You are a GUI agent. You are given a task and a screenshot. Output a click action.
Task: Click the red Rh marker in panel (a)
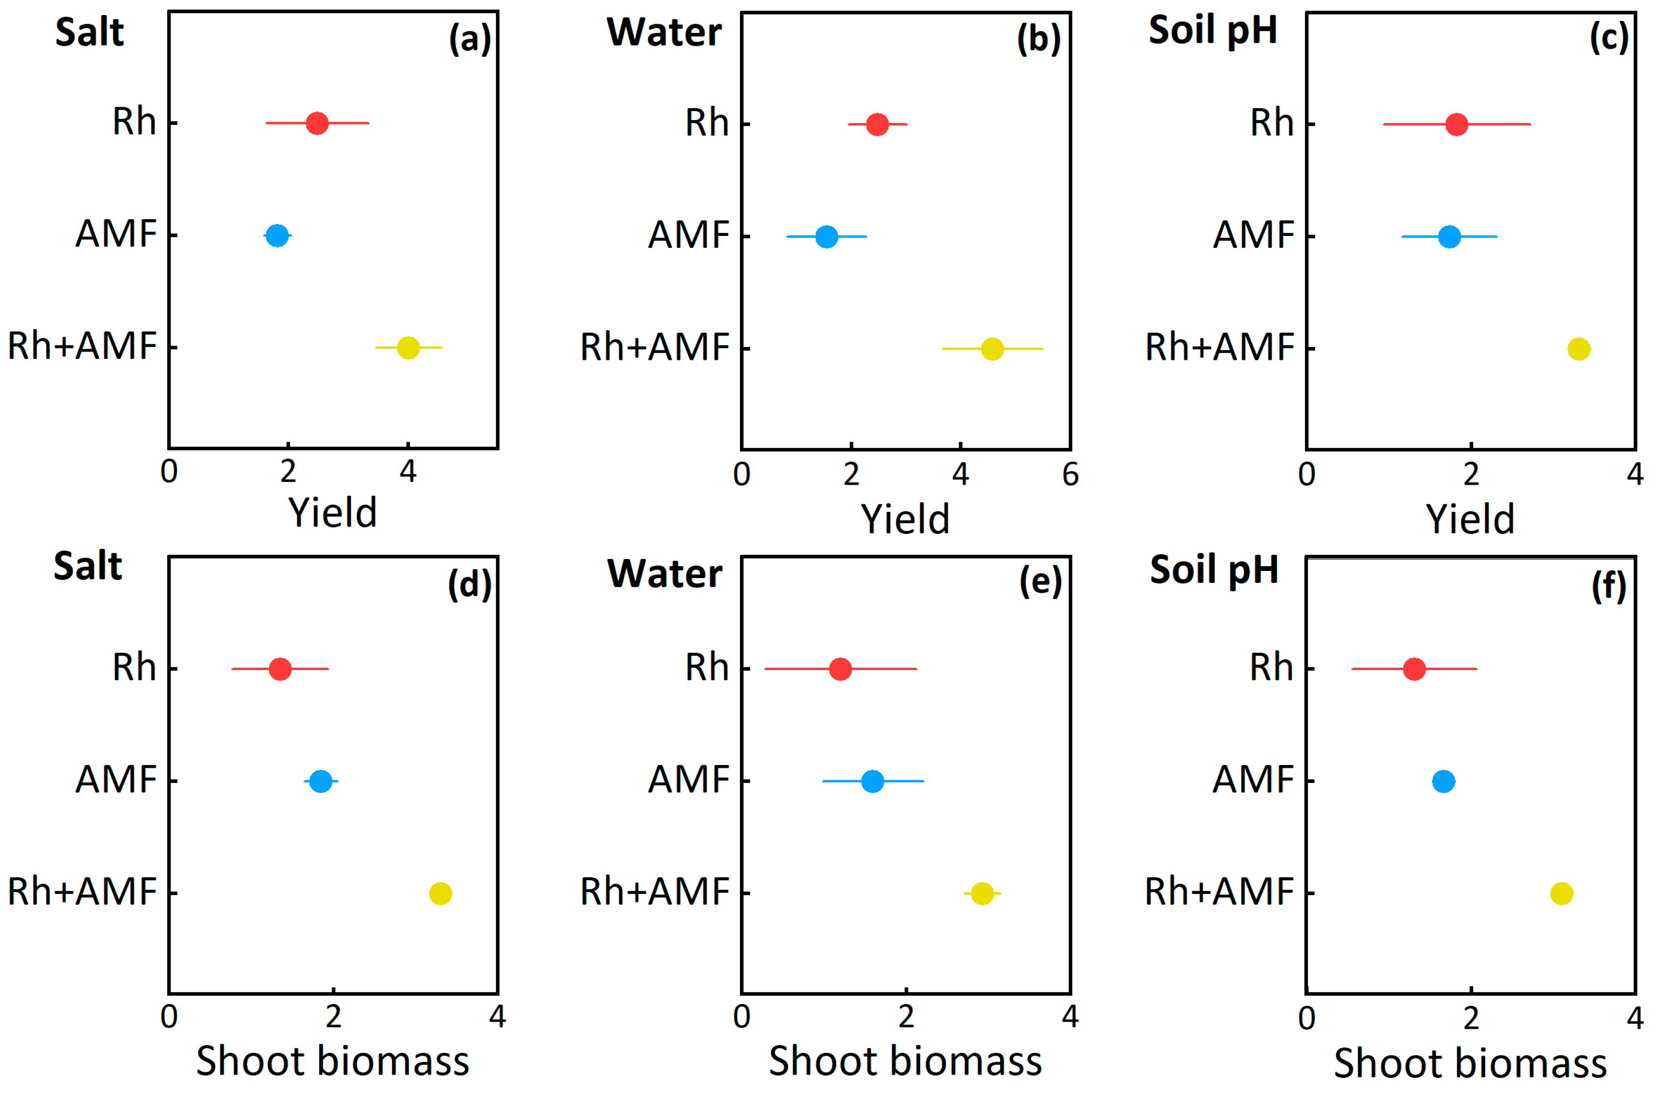[x=317, y=123]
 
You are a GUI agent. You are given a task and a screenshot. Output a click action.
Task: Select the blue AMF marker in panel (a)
[x=277, y=235]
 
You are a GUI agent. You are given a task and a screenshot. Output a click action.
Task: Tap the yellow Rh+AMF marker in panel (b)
[x=992, y=348]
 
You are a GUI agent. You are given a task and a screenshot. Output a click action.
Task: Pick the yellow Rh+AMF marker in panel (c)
[x=1579, y=348]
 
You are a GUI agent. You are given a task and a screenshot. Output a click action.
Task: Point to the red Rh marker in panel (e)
[x=840, y=669]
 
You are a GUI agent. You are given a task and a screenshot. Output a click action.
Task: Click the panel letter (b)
[x=1039, y=39]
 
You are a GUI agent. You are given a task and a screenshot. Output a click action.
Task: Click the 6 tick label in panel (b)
[x=1070, y=475]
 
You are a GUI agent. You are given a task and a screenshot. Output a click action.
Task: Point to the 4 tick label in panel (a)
[x=408, y=472]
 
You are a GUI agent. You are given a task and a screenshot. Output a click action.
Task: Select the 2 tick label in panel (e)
[x=906, y=1016]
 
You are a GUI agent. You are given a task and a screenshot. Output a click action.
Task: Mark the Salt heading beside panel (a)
[x=89, y=32]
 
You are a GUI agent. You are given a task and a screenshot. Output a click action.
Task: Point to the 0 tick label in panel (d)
[x=169, y=1016]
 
